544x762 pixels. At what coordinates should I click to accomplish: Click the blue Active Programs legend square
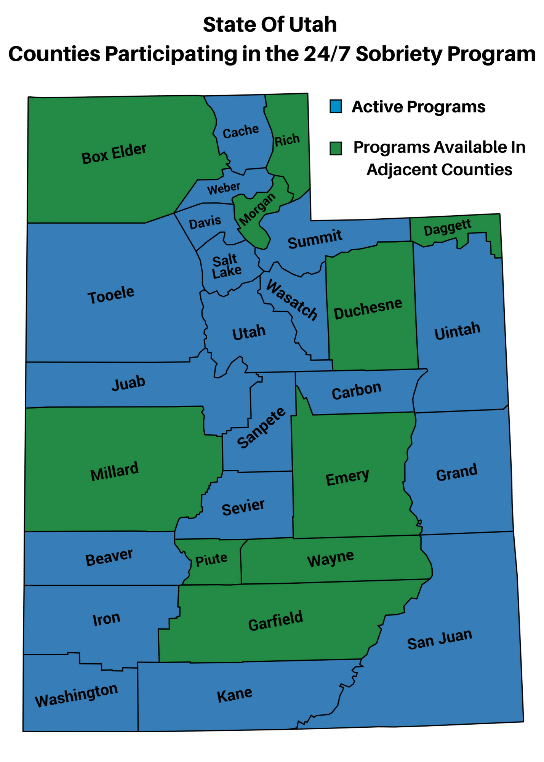coord(336,106)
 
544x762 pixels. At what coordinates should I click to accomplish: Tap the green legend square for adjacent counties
coord(336,148)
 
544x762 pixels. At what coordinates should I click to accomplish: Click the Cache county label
coord(240,131)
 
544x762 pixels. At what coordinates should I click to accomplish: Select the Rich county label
coord(287,140)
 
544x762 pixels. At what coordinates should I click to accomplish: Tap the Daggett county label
coord(447,227)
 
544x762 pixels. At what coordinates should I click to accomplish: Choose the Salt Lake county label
coord(227,266)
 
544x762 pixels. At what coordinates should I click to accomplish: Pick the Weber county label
coord(224,188)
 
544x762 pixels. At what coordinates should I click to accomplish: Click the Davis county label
coord(205,222)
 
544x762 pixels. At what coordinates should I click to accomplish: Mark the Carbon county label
coord(356,391)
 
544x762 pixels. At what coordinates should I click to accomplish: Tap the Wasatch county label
coord(291,300)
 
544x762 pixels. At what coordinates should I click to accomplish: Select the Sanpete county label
coord(261,427)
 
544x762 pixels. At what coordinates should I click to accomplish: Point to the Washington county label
coord(76,695)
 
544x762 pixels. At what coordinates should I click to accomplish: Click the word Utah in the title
coord(313,25)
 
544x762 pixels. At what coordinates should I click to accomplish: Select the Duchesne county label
coord(368,308)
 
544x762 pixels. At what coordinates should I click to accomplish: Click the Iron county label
coord(106,619)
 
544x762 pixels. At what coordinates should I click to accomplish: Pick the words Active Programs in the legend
coord(418,107)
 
